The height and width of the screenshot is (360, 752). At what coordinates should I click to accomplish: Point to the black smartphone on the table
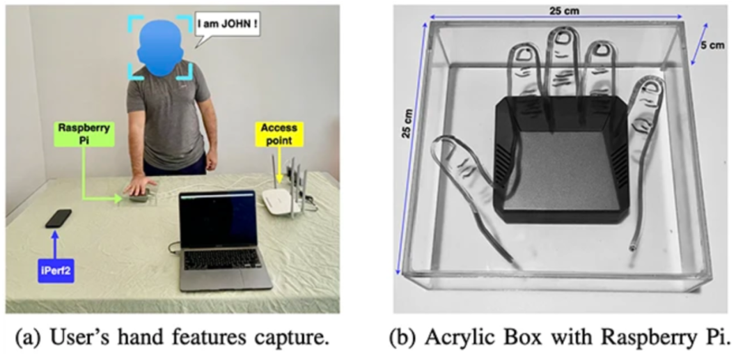[58, 218]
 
